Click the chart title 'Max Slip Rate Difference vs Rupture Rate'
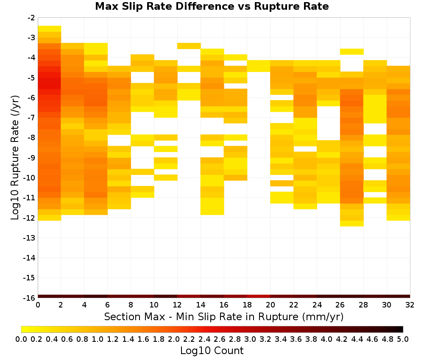click(x=212, y=6)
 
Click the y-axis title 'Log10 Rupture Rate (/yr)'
click(x=15, y=158)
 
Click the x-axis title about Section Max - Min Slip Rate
click(x=223, y=316)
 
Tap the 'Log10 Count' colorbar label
click(x=212, y=351)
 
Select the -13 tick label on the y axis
click(x=30, y=238)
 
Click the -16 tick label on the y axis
click(x=30, y=298)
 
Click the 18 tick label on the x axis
click(x=247, y=305)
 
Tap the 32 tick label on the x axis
click(x=410, y=305)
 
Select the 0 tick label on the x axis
click(x=38, y=305)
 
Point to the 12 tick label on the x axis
click(x=177, y=305)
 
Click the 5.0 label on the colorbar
click(x=403, y=339)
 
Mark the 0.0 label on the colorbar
click(x=21, y=339)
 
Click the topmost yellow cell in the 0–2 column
click(x=50, y=29)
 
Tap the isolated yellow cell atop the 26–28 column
click(x=352, y=52)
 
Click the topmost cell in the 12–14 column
click(x=189, y=46)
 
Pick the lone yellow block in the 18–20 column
click(x=259, y=66)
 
